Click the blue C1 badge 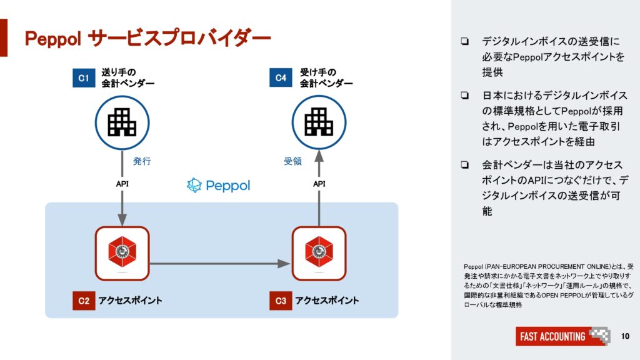(84, 77)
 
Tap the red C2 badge (84, 301)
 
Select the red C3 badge (281, 301)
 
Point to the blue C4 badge (281, 77)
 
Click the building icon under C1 (122, 122)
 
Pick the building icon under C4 (319, 122)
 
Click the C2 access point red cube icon (122, 252)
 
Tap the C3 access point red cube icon (319, 252)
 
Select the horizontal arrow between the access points (220, 264)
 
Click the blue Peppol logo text (218, 185)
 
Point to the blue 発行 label (142, 161)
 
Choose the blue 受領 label (292, 161)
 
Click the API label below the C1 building (122, 184)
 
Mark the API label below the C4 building (319, 184)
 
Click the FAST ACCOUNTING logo (563, 336)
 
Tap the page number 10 (625, 336)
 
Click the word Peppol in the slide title (54, 39)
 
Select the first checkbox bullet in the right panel (464, 41)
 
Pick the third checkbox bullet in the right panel (464, 165)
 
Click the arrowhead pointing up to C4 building (319, 156)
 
